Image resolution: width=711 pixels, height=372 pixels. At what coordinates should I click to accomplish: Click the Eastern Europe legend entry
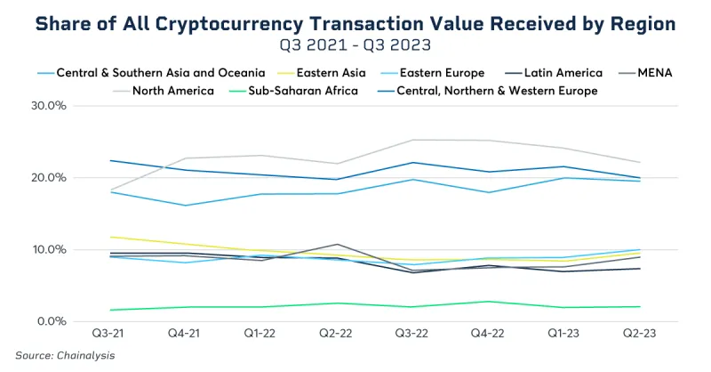click(443, 73)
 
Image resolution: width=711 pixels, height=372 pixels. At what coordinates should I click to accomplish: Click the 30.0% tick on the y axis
click(49, 106)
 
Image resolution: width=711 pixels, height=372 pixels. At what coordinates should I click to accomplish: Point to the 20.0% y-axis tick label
click(49, 178)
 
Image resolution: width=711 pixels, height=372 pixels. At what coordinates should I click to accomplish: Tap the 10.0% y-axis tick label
click(49, 249)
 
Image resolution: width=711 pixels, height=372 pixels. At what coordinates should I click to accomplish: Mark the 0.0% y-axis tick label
click(51, 321)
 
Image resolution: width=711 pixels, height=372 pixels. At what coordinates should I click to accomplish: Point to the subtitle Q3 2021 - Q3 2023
click(355, 43)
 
